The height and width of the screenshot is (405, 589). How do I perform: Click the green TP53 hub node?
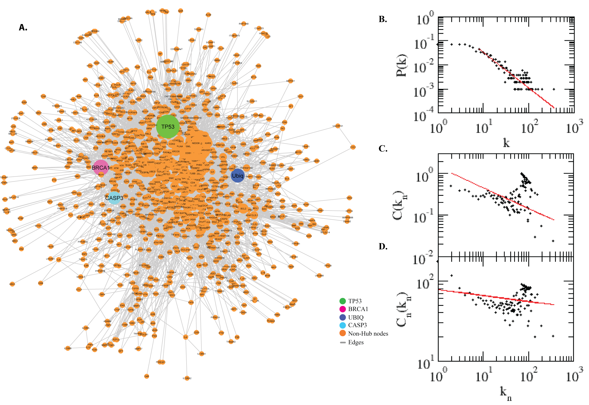pyautogui.click(x=168, y=127)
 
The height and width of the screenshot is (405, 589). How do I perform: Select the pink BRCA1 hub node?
pyautogui.click(x=101, y=168)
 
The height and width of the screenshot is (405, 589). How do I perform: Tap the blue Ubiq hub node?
pyautogui.click(x=238, y=176)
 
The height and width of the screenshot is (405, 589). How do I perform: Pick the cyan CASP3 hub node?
pyautogui.click(x=114, y=198)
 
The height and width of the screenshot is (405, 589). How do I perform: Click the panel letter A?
pyautogui.click(x=23, y=27)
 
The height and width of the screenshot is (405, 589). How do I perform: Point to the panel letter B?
pyautogui.click(x=383, y=19)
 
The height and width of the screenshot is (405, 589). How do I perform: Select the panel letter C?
pyautogui.click(x=383, y=149)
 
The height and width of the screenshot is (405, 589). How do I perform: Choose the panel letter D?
pyautogui.click(x=383, y=246)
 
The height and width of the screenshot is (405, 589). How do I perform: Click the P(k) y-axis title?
pyautogui.click(x=401, y=65)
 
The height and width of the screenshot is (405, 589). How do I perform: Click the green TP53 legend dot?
pyautogui.click(x=342, y=301)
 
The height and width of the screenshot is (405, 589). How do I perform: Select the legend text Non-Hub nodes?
pyautogui.click(x=368, y=334)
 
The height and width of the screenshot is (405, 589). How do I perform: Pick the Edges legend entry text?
pyautogui.click(x=356, y=343)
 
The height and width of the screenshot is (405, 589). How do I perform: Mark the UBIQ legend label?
pyautogui.click(x=356, y=318)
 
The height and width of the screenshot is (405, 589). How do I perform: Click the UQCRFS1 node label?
pyautogui.click(x=338, y=126)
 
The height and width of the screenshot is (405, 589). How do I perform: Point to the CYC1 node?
pyautogui.click(x=353, y=147)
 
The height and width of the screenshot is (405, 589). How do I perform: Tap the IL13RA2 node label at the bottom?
pyautogui.click(x=187, y=378)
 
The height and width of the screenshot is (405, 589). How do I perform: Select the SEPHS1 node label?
pyautogui.click(x=290, y=81)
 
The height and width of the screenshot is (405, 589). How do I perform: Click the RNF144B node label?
pyautogui.click(x=244, y=24)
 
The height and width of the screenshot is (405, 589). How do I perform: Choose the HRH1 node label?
pyautogui.click(x=12, y=284)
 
